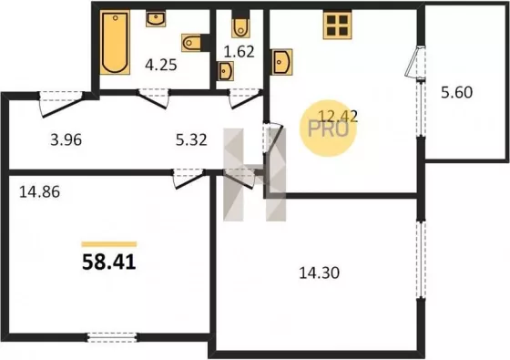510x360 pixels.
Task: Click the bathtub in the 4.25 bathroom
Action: coord(115,42)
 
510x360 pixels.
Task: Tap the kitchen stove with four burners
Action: coord(337,26)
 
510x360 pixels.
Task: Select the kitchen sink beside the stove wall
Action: coord(281,62)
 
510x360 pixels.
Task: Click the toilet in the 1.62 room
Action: coord(240,27)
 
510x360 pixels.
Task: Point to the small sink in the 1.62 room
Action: coord(226,71)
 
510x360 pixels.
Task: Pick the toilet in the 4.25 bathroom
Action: coord(192,43)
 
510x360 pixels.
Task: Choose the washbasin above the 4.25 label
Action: coord(156,19)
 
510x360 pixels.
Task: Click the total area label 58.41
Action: coord(109,262)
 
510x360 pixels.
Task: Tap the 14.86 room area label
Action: coord(40,192)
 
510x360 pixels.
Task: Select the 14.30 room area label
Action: coord(319,273)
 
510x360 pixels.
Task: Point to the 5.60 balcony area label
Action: coord(456,92)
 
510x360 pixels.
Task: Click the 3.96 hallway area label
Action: coord(66,140)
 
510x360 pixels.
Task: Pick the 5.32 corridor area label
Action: coord(191,140)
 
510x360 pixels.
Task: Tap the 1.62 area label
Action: coord(239,52)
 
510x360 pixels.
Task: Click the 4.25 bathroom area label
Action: coord(161,65)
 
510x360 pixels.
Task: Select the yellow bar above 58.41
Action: coord(109,244)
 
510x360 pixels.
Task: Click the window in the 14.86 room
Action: coord(112,337)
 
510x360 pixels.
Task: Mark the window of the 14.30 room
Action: coord(421,260)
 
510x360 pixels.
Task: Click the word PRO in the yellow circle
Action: coord(328,129)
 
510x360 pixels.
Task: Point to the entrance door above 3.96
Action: coord(61,104)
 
